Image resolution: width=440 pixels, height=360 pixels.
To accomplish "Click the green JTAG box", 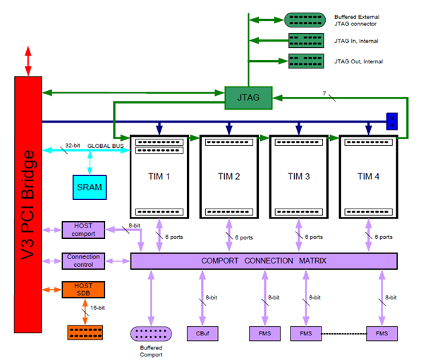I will [248, 98].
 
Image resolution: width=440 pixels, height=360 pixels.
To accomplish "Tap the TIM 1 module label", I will [159, 176].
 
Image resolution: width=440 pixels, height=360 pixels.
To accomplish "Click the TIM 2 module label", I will [229, 176].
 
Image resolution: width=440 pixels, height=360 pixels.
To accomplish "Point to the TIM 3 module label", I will [299, 176].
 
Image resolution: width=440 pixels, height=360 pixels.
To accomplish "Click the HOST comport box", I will [82, 229].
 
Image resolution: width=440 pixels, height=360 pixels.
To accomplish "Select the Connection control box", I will [82, 261].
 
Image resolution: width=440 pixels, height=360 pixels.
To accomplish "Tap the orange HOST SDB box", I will [82, 290].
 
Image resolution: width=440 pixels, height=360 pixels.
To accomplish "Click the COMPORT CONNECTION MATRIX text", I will [264, 261].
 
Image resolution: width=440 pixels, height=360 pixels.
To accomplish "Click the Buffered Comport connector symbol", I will [152, 334].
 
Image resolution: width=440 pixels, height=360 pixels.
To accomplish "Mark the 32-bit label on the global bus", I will [73, 146].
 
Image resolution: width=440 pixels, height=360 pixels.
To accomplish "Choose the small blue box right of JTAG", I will [392, 121].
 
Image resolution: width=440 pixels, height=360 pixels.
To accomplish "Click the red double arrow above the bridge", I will [29, 62].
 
